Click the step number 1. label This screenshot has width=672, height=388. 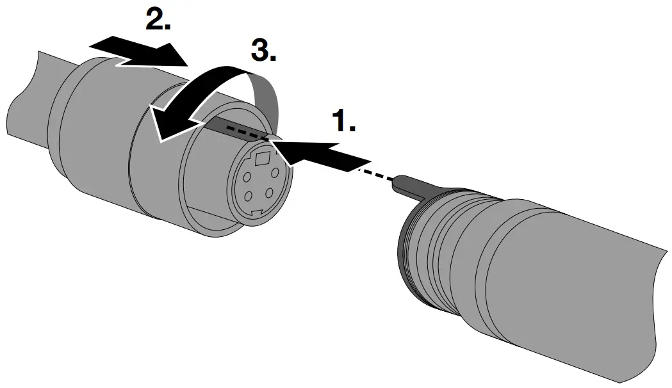[x=343, y=121]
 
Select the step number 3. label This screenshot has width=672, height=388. [x=263, y=50]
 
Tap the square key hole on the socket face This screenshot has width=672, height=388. [x=263, y=157]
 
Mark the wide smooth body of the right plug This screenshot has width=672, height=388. [x=564, y=282]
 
